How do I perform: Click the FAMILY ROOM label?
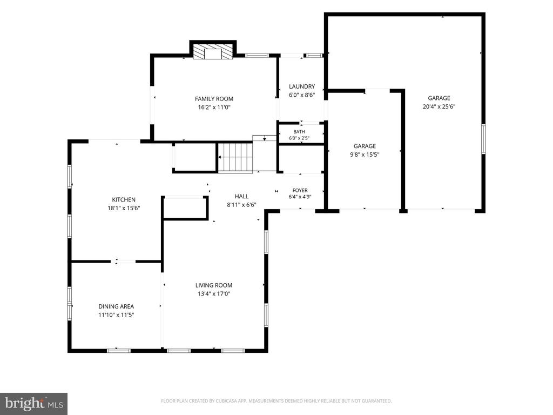click(214, 99)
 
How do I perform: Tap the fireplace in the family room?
click(213, 51)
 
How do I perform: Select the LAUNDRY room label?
click(302, 86)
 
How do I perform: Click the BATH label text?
click(299, 132)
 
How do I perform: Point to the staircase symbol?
click(235, 158)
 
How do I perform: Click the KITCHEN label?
click(124, 200)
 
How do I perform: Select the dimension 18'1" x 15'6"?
click(124, 208)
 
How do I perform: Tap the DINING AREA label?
click(116, 307)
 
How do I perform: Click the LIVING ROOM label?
click(214, 285)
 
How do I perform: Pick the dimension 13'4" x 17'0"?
click(214, 294)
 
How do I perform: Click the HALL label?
click(241, 197)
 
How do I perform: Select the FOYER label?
click(300, 191)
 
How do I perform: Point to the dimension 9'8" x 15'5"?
click(365, 155)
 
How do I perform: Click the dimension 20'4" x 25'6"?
click(439, 106)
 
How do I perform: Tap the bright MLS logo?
click(34, 404)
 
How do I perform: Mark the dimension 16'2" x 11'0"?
click(214, 108)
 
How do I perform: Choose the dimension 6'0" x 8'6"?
click(302, 95)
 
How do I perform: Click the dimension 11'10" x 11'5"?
click(116, 315)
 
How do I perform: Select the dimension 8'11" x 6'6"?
click(241, 205)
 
